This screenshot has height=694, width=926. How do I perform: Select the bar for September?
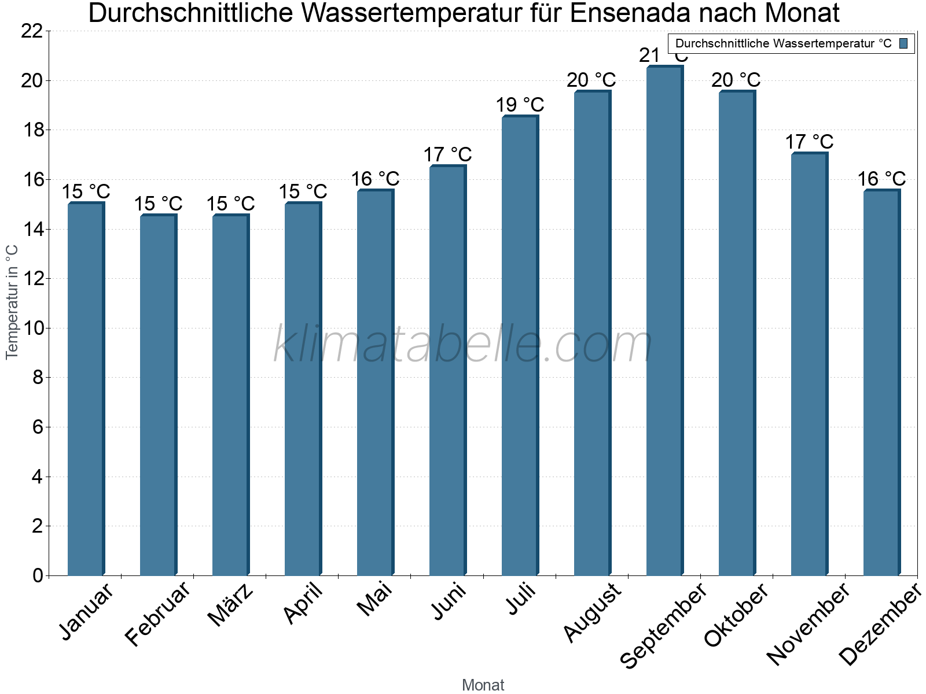(x=664, y=321)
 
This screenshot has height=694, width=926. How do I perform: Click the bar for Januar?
(x=86, y=389)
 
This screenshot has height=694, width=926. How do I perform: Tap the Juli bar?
(x=520, y=346)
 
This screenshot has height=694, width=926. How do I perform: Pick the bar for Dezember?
(x=881, y=383)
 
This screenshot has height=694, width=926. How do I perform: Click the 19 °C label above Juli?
(x=520, y=105)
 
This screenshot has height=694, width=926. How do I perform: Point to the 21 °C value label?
(x=664, y=56)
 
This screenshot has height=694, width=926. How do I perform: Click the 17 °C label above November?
(x=809, y=142)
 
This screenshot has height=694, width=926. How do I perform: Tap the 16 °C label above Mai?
(x=375, y=179)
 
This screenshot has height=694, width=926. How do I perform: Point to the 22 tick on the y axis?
(x=32, y=31)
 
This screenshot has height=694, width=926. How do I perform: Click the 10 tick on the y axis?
(x=32, y=328)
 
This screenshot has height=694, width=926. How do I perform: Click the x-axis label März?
(x=230, y=605)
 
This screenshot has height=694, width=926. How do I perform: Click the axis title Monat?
(x=483, y=685)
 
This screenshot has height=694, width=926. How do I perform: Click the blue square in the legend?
(x=903, y=43)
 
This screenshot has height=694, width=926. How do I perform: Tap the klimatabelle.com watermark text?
(x=462, y=345)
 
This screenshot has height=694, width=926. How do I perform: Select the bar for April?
(x=303, y=389)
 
